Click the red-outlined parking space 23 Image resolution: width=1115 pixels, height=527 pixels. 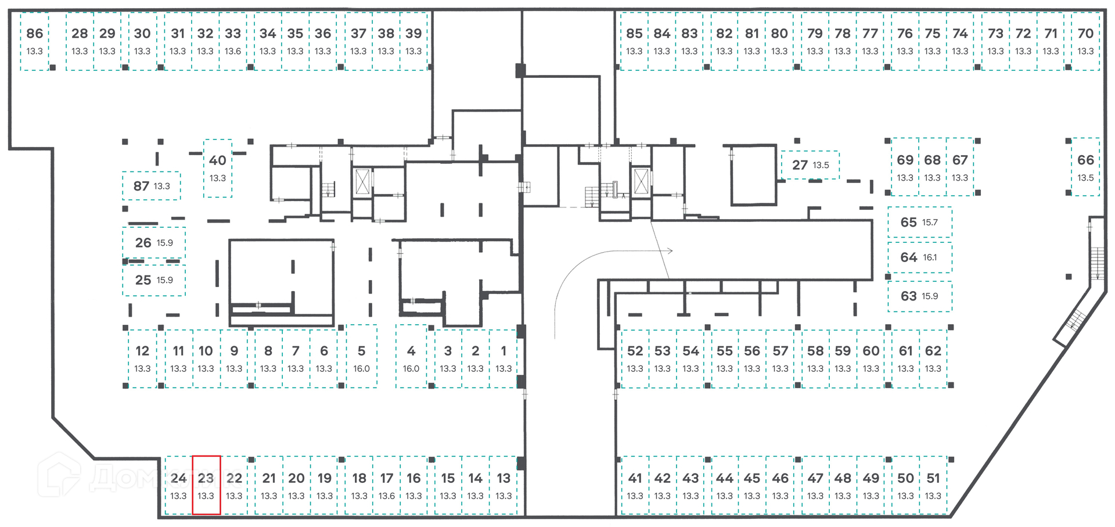206,485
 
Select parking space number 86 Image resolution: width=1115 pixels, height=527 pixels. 35,41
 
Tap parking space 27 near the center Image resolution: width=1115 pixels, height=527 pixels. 810,165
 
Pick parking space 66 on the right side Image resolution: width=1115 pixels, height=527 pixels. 1085,167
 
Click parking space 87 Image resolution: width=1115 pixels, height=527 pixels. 152,186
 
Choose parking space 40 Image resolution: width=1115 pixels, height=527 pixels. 218,169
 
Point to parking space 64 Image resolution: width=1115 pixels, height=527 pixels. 920,257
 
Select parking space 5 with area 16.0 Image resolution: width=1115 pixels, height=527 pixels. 362,356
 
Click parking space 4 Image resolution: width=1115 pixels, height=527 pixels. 411,356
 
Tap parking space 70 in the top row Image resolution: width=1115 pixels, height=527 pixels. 1085,41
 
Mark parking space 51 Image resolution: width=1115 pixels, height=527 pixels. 933,485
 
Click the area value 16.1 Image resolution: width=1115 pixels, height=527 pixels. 930,257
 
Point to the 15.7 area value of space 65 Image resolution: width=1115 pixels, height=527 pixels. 930,223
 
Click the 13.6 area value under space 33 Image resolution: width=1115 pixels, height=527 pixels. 233,51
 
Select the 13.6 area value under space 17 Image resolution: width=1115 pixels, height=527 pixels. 387,496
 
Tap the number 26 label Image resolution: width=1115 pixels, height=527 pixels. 143,243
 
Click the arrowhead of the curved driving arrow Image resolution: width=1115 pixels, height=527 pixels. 670,251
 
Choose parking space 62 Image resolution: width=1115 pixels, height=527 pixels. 933,358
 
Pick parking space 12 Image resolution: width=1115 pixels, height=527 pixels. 142,358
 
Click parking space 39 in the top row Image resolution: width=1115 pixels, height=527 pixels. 413,41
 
